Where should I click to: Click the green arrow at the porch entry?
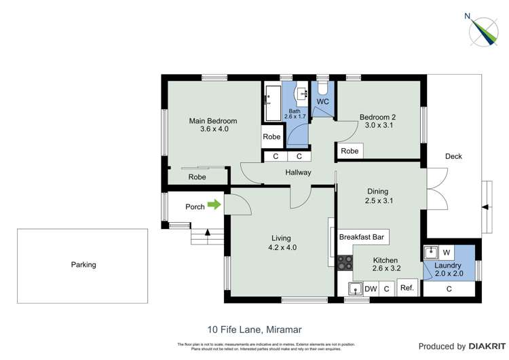pyautogui.click(x=214, y=204)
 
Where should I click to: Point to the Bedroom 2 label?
pyautogui.click(x=377, y=117)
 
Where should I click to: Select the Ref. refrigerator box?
pyautogui.click(x=407, y=288)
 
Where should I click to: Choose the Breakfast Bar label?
pyautogui.click(x=362, y=237)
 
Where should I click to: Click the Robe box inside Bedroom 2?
pyautogui.click(x=350, y=151)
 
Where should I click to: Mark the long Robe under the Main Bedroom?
pyautogui.click(x=197, y=177)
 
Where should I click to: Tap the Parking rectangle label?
pyautogui.click(x=83, y=265)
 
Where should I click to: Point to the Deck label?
pyautogui.click(x=453, y=156)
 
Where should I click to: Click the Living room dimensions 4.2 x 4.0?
pyautogui.click(x=281, y=247)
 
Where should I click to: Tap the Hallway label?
pyautogui.click(x=298, y=173)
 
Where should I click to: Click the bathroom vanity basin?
pyautogui.click(x=301, y=93)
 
